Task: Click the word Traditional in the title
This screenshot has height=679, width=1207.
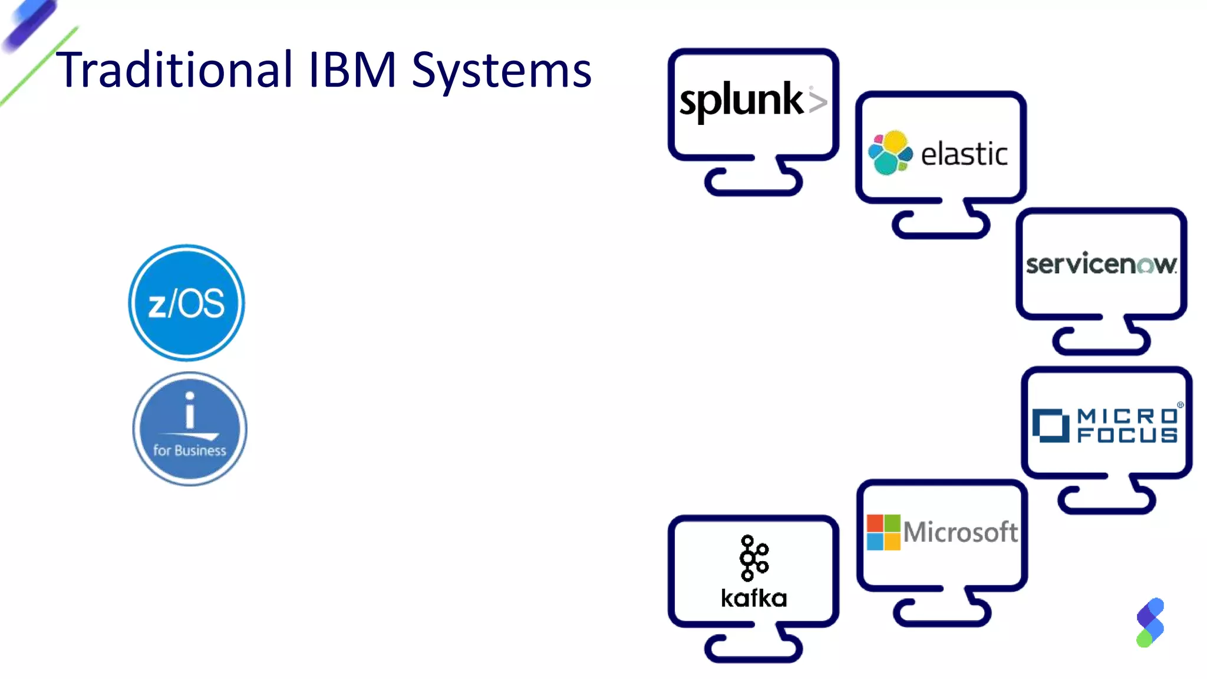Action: click(x=174, y=70)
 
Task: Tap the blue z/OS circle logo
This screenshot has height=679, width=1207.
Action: click(x=186, y=303)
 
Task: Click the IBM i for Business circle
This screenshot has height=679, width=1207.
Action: click(x=189, y=429)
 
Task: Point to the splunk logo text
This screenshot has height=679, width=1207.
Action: click(x=741, y=100)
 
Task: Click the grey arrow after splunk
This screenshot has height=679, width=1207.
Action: click(x=817, y=101)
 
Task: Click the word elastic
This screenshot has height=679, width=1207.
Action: click(x=964, y=154)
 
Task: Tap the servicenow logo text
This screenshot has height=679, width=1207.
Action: click(x=1100, y=264)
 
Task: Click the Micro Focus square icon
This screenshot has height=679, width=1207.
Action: click(x=1050, y=425)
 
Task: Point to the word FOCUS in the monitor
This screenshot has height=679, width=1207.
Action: click(x=1127, y=436)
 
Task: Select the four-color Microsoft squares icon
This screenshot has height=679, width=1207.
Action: click(x=883, y=532)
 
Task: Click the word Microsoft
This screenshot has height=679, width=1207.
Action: click(x=960, y=532)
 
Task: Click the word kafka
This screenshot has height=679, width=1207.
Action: click(x=753, y=598)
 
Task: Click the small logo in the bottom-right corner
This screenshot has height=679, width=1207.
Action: click(x=1150, y=622)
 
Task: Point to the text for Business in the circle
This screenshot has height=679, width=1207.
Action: click(x=189, y=450)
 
